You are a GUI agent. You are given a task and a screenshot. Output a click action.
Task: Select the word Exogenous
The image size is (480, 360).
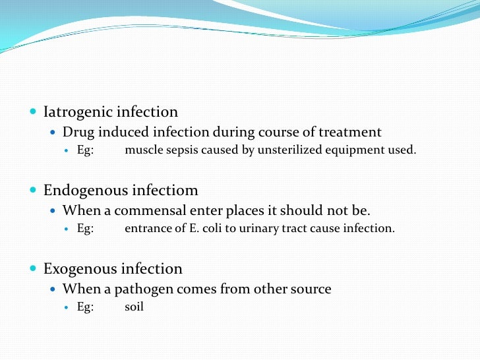click(x=79, y=269)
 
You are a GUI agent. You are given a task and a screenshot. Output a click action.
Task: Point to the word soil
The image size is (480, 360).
click(x=134, y=307)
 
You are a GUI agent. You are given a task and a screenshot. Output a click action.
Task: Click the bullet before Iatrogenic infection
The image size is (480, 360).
click(x=34, y=112)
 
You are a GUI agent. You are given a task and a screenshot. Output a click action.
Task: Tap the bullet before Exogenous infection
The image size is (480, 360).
click(x=34, y=269)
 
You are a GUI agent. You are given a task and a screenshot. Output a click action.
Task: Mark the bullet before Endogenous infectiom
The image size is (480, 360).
click(x=34, y=191)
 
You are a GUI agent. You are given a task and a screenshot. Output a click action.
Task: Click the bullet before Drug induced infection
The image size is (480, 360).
click(x=54, y=133)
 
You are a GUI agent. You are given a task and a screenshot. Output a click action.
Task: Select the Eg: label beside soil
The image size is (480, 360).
click(x=86, y=307)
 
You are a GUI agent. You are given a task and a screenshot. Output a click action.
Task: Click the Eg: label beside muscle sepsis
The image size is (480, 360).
click(x=86, y=150)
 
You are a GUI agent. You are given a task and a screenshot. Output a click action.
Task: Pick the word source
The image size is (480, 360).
click(x=311, y=289)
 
